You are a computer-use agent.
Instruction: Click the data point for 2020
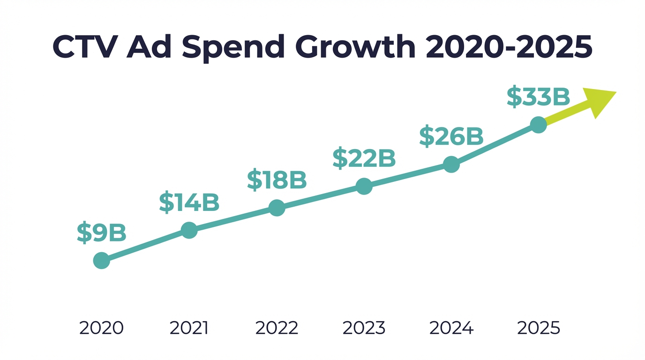pos(101,260)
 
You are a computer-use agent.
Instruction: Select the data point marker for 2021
pos(189,230)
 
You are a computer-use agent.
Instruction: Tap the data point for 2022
pos(277,208)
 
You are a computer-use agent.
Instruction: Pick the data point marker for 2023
pos(364,186)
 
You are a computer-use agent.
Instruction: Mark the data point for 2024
pos(451,165)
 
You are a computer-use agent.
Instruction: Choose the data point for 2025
pos(538,125)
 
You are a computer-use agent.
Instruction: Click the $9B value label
pos(102,232)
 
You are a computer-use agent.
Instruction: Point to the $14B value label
pos(189,202)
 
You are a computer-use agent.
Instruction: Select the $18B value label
pos(277,180)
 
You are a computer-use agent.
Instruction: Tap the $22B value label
pos(364,158)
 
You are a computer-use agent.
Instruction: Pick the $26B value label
pos(451,136)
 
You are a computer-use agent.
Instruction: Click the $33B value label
pos(538,97)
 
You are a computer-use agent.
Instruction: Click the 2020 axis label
pos(101,328)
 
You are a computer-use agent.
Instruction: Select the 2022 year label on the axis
pos(277,328)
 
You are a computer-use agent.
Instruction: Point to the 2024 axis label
pos(451,328)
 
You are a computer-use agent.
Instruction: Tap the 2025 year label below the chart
pos(539,328)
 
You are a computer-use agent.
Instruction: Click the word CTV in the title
pos(84,47)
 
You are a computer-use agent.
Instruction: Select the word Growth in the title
pos(356,47)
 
